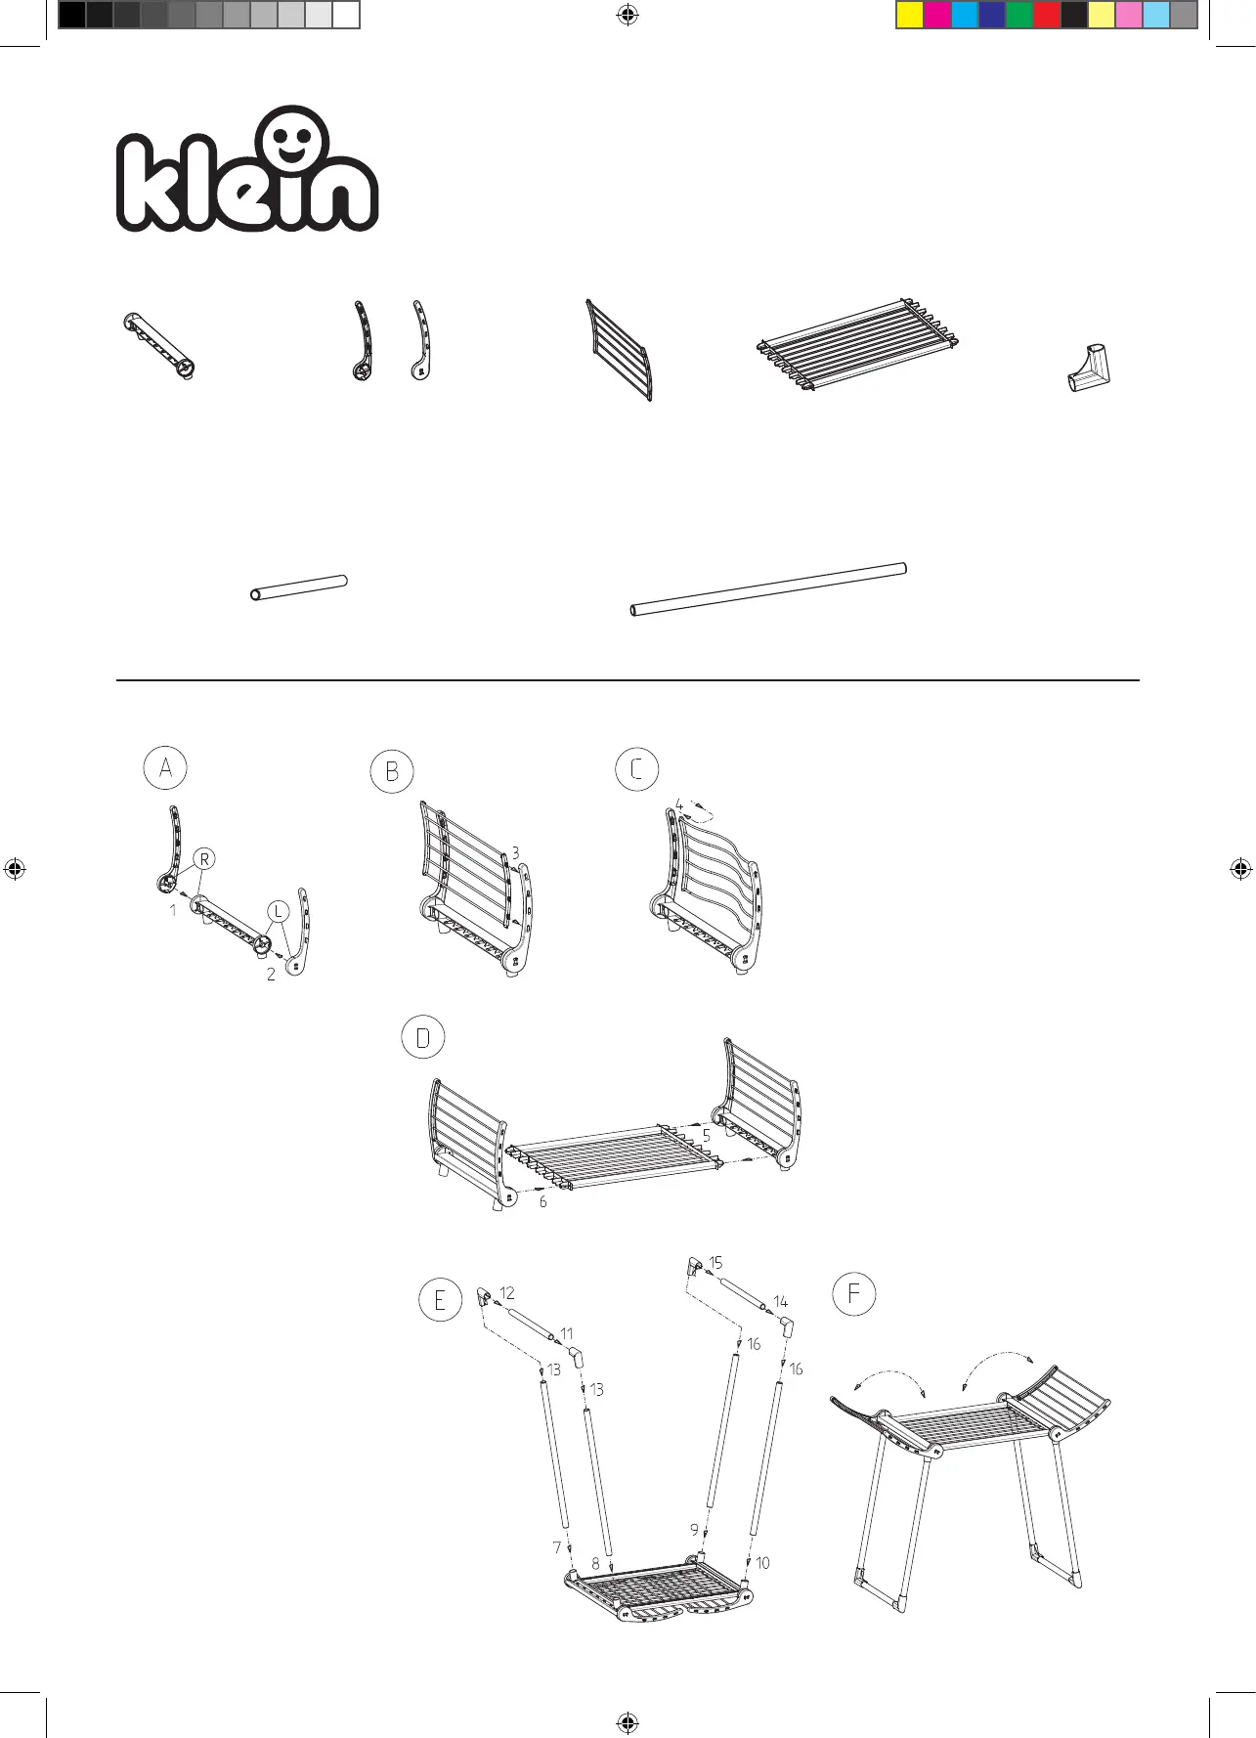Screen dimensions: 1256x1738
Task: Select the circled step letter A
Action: click(165, 768)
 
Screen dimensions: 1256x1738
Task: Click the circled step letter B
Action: click(392, 772)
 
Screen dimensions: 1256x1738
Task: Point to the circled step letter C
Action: click(636, 769)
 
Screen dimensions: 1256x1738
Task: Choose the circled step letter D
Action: click(423, 1038)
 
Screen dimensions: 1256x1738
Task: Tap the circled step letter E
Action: click(440, 1300)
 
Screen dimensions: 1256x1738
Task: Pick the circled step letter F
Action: click(853, 1294)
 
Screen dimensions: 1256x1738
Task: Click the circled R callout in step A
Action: click(204, 859)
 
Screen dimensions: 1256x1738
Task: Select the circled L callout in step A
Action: click(279, 911)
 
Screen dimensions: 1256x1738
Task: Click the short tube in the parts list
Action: click(299, 587)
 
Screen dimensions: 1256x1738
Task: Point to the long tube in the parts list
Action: click(768, 589)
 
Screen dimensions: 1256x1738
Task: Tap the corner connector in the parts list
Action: click(1090, 368)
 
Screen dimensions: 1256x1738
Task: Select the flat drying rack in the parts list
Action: click(858, 345)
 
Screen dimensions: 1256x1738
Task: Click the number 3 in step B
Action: click(515, 853)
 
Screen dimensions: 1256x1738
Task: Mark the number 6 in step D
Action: click(543, 1201)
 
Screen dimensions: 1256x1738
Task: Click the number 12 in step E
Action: click(507, 1293)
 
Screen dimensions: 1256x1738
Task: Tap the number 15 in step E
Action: click(715, 1263)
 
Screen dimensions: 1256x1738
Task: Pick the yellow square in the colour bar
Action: click(910, 16)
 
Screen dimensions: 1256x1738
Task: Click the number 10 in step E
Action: click(762, 1563)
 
